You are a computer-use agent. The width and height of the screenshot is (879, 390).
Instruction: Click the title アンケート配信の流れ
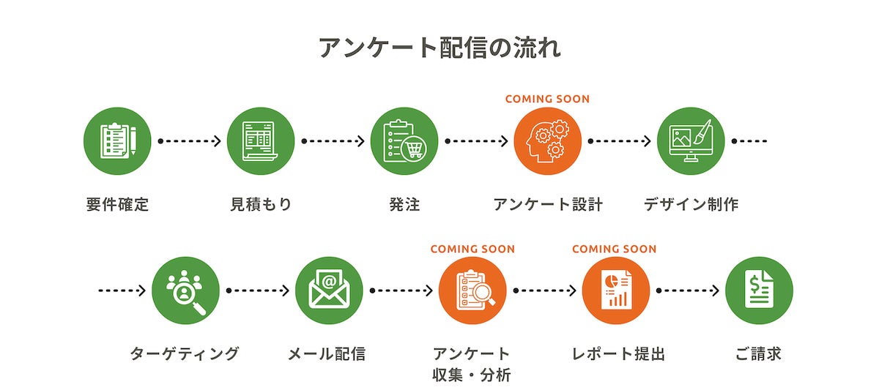[x=439, y=48]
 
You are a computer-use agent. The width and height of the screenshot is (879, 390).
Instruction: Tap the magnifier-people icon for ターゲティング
[x=186, y=290]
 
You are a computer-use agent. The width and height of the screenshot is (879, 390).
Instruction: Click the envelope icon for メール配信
[x=329, y=290]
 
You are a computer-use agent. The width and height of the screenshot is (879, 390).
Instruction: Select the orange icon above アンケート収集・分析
[x=472, y=290]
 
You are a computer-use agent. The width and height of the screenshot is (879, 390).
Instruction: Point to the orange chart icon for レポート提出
[x=616, y=290]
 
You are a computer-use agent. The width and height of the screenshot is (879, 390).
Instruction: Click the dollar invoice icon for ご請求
[x=759, y=290]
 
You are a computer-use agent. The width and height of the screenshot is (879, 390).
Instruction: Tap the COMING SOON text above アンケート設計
[x=547, y=99]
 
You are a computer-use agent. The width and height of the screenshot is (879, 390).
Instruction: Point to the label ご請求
[x=758, y=354]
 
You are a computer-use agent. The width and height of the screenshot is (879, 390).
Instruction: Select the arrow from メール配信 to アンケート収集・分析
[x=401, y=290]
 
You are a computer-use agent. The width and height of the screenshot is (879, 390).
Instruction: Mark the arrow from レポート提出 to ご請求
[x=687, y=290]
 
